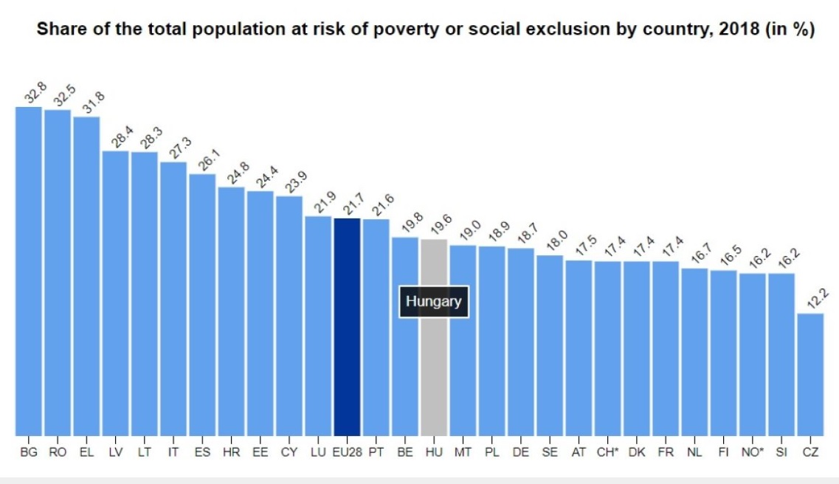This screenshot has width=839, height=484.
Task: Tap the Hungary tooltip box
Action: (434, 302)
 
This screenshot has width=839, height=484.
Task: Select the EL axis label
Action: (86, 452)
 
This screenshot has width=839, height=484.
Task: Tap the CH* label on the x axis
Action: (607, 452)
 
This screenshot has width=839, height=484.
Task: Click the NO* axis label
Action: (752, 452)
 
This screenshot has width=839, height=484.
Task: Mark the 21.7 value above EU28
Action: (353, 206)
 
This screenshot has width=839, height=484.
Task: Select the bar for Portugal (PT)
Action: (376, 328)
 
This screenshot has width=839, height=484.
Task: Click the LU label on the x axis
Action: (318, 452)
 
